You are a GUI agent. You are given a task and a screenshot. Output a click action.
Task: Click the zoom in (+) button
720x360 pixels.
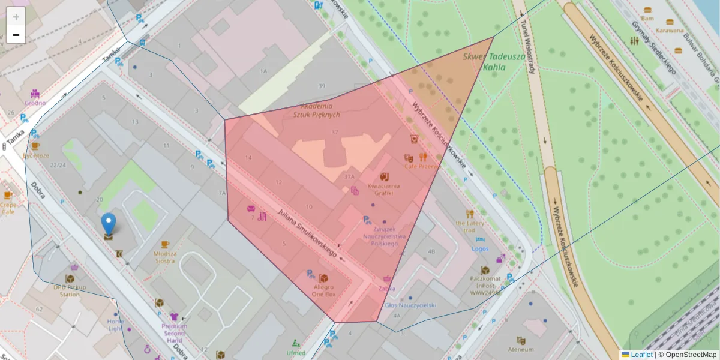(x=16, y=17)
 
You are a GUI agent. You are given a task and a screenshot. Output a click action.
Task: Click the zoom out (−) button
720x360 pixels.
(x=16, y=35)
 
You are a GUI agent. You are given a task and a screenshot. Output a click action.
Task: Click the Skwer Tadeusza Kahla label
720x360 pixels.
(x=494, y=61)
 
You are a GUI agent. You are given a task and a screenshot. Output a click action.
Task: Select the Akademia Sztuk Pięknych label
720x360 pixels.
(x=317, y=110)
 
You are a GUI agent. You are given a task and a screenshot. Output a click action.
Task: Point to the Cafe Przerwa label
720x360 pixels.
(x=422, y=166)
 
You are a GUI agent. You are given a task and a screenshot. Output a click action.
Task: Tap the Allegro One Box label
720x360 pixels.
(x=324, y=290)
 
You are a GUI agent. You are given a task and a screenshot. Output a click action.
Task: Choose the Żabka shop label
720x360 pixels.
(x=387, y=288)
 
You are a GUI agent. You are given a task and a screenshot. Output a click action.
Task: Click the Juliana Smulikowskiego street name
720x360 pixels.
(x=307, y=233)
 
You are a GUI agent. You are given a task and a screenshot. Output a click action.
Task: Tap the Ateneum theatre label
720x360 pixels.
(x=520, y=349)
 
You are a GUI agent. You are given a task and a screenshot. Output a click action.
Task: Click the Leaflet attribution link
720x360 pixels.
(x=641, y=355)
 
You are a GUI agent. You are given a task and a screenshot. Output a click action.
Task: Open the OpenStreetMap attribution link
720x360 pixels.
(x=691, y=355)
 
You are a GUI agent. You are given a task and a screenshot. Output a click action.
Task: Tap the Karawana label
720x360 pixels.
(x=670, y=30)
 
